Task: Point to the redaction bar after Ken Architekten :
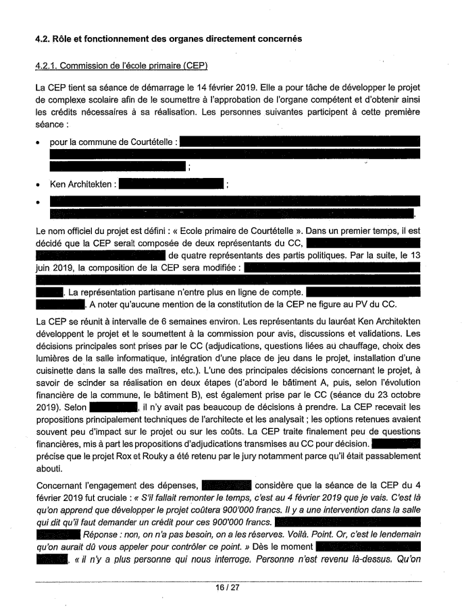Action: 170,184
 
